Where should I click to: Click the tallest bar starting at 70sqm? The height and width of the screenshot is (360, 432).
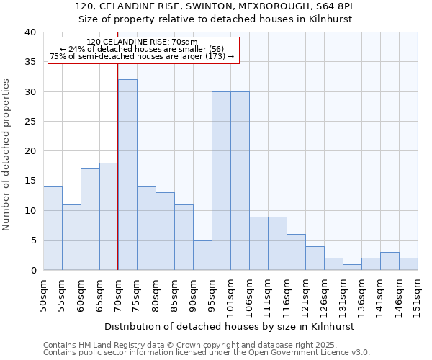(127, 175)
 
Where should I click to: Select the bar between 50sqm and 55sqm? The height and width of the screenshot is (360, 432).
(53, 228)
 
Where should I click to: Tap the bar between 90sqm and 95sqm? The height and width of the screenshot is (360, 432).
(202, 255)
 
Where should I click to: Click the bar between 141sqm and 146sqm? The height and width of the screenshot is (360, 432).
(390, 261)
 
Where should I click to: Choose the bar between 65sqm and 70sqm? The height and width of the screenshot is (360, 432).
(109, 217)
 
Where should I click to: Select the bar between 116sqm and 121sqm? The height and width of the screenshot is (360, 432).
(296, 252)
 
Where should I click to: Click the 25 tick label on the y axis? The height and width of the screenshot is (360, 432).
(30, 122)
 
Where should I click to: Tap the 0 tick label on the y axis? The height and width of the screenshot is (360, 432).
(32, 271)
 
